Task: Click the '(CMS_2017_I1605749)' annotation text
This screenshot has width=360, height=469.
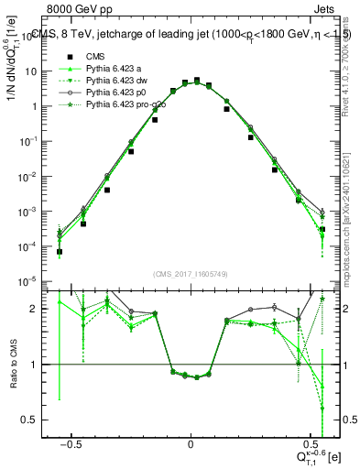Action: click(191, 274)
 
